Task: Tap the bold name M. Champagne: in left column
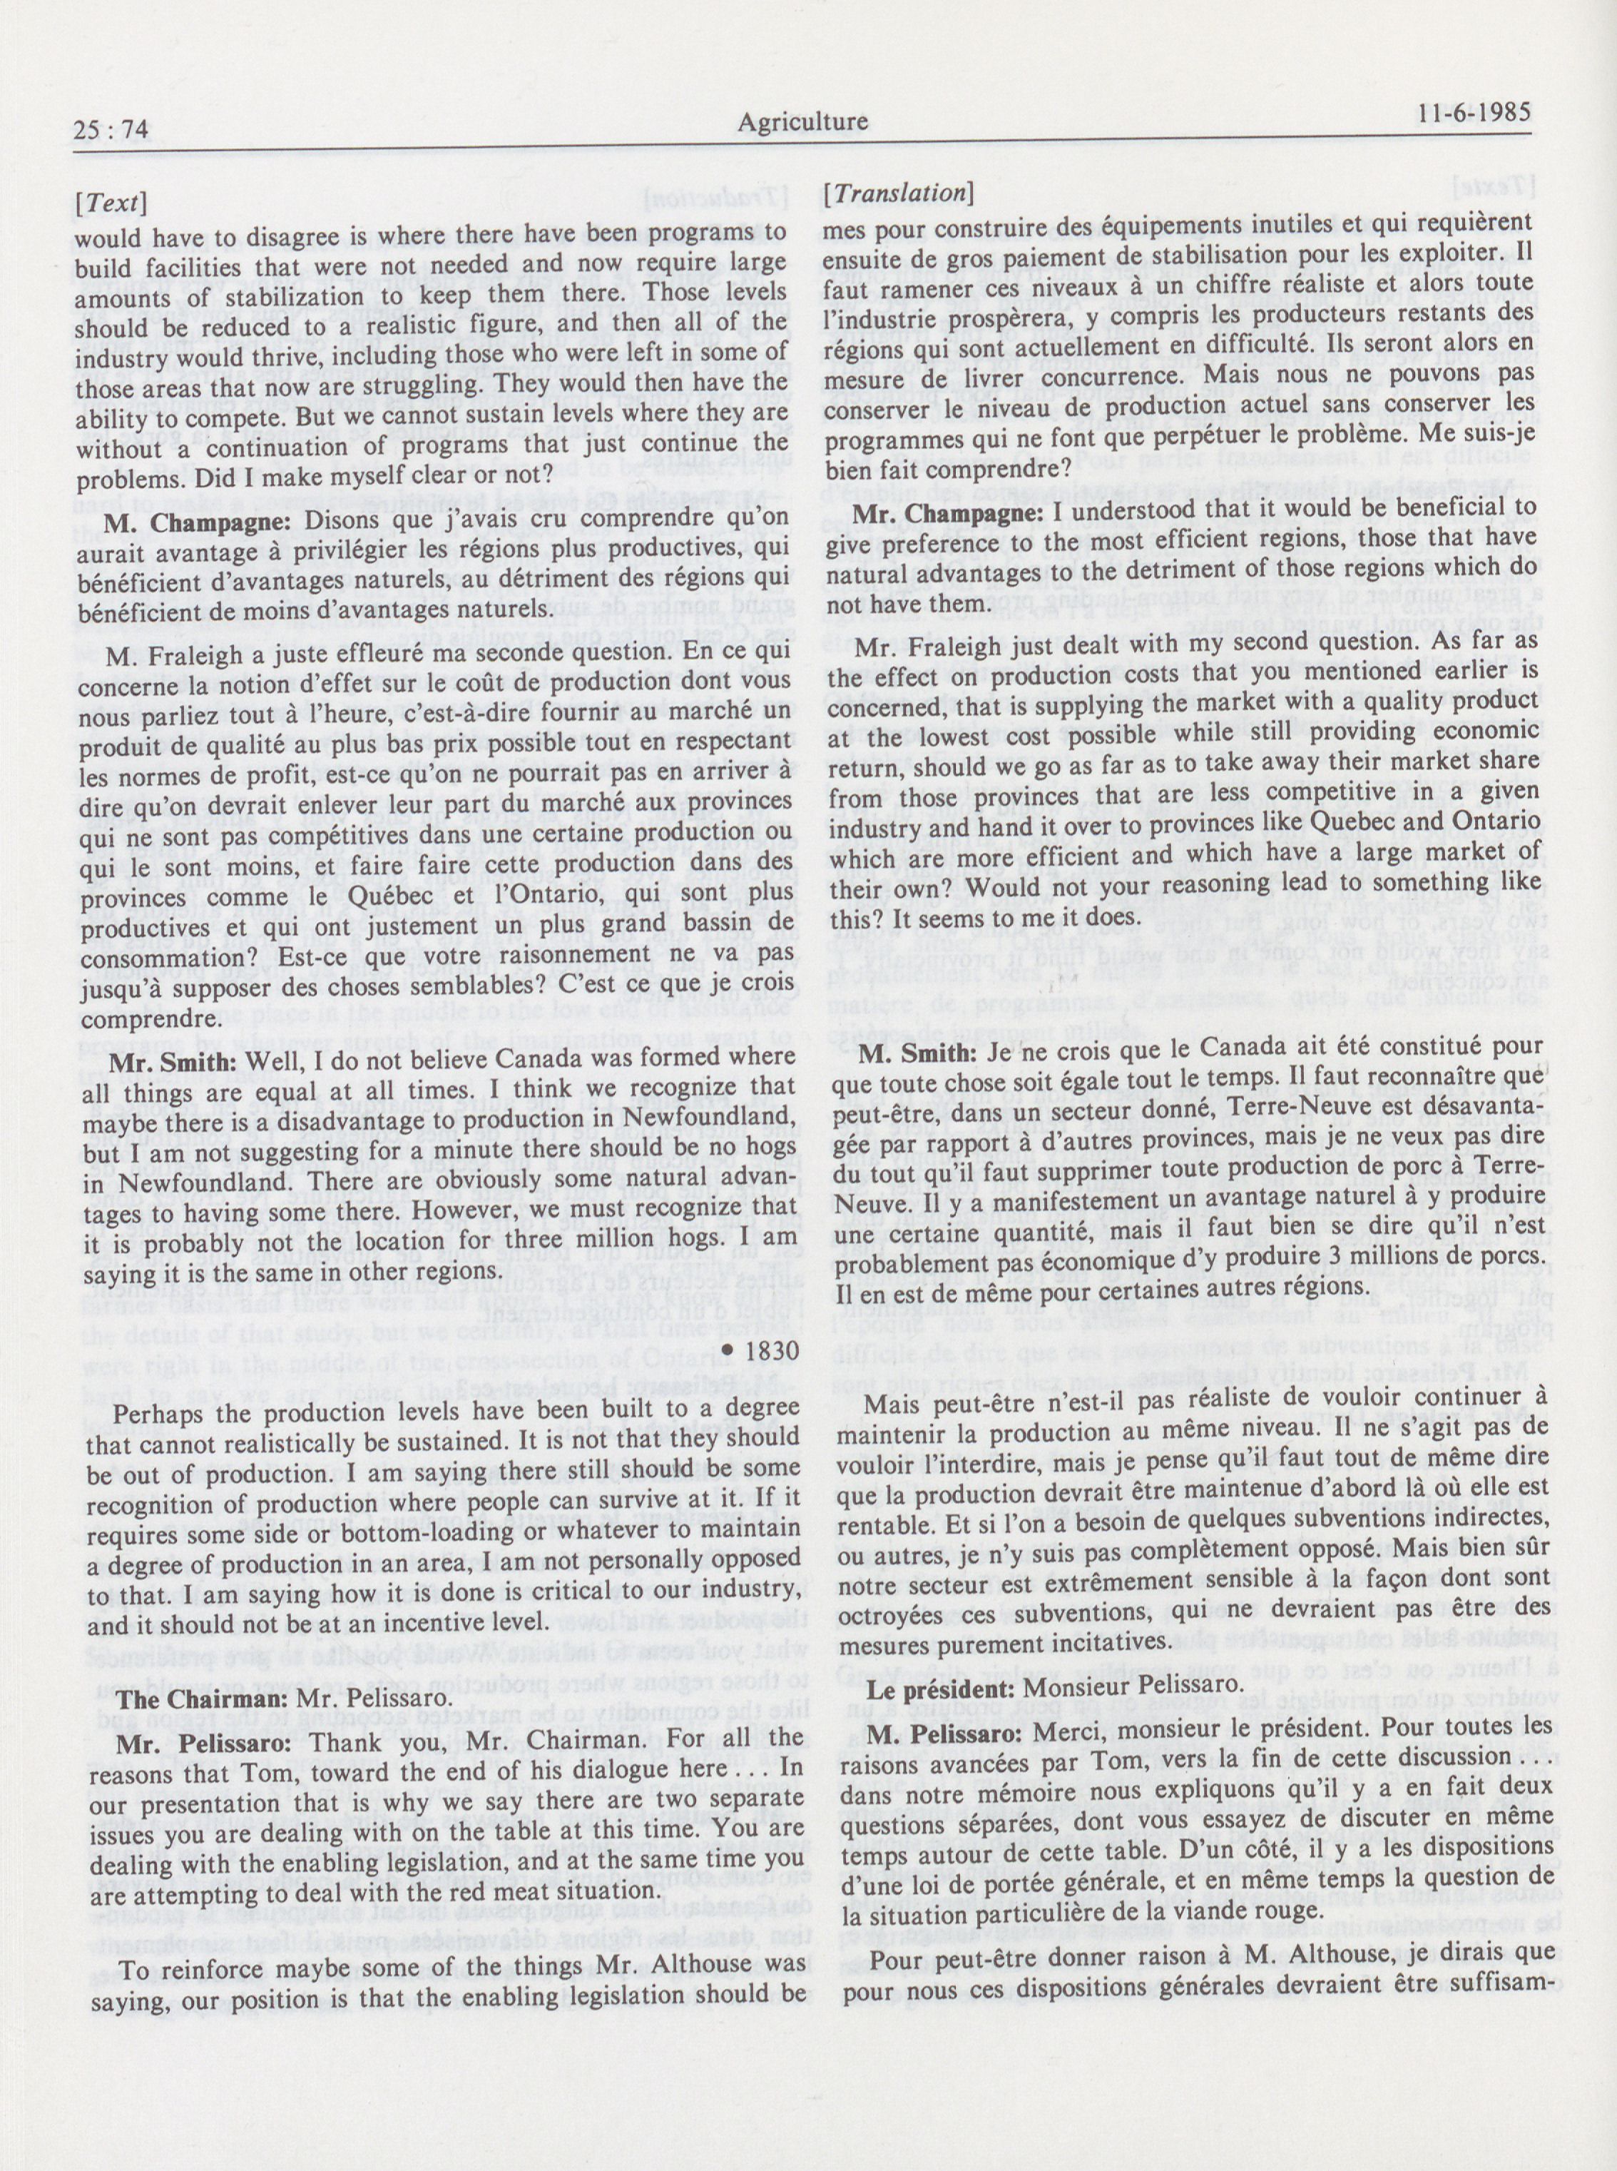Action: point(180,522)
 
